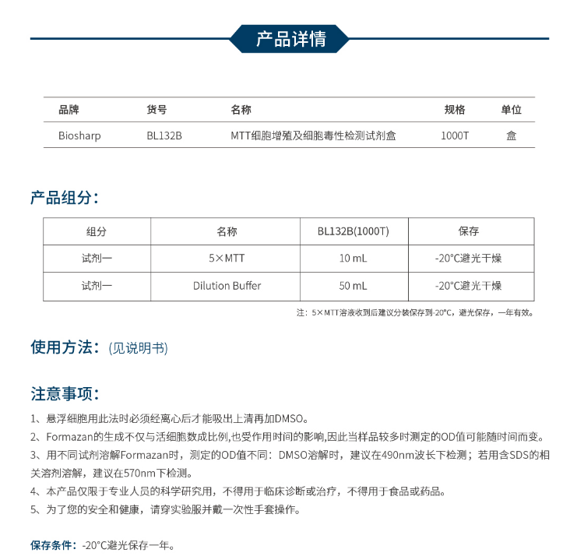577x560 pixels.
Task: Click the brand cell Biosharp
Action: coord(79,136)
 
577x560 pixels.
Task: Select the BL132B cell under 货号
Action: coord(164,136)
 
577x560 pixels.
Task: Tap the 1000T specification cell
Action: coord(455,136)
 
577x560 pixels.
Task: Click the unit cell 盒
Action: coord(511,136)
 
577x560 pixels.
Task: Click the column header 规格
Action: coord(455,110)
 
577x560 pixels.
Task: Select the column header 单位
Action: coord(511,110)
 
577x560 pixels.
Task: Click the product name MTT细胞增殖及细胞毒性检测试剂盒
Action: coord(313,136)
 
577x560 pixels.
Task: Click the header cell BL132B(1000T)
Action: coord(353,231)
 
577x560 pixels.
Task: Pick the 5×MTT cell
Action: coord(227,259)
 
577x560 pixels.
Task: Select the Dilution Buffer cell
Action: coord(227,286)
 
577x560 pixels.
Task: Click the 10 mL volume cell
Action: coord(353,259)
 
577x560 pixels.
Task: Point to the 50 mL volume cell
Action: coord(353,286)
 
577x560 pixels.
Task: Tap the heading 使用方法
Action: coord(64,347)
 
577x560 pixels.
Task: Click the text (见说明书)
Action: coord(138,348)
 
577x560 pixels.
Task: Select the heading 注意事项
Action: coord(64,393)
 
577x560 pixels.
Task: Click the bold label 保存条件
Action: coord(54,544)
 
